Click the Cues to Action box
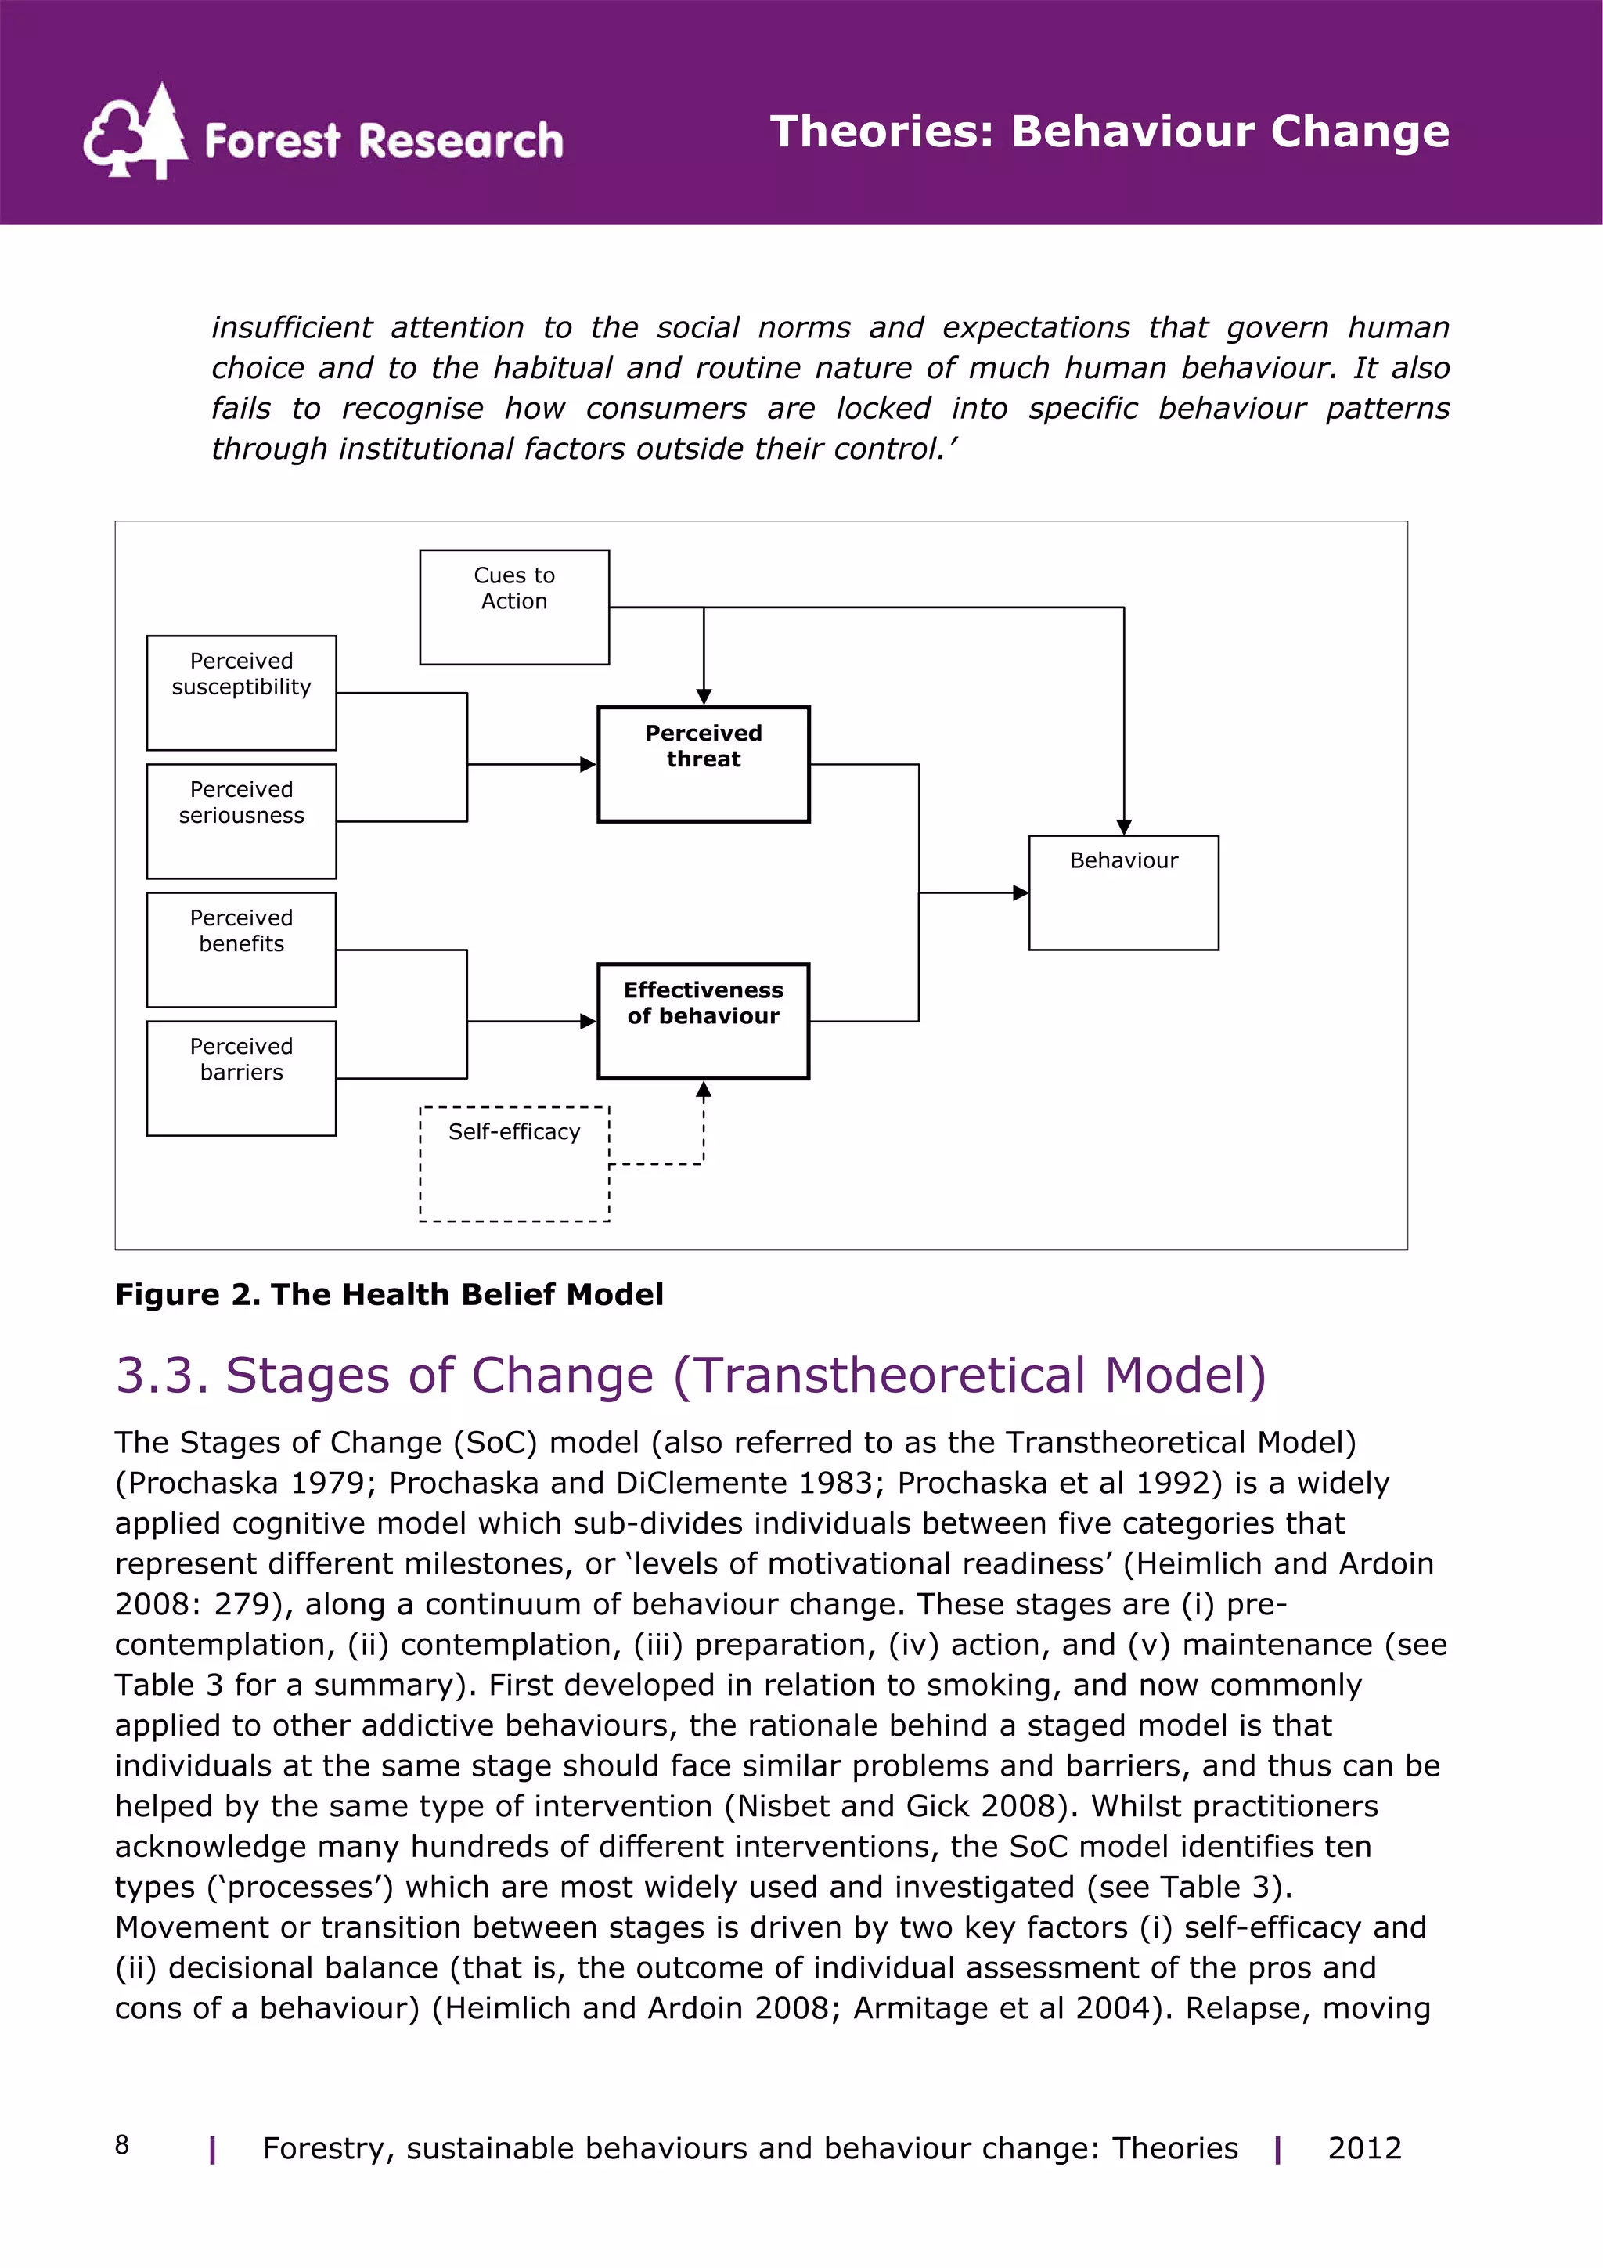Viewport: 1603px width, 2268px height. coord(513,607)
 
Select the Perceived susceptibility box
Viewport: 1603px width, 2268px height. coord(241,692)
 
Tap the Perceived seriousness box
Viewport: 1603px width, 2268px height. coord(241,821)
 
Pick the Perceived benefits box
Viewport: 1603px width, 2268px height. coord(241,950)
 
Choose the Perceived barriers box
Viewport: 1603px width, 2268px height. coord(241,1078)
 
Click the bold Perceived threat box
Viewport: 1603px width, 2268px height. coord(703,763)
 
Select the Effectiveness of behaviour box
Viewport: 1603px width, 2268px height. coord(703,1020)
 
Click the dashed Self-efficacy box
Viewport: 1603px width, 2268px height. coord(513,1163)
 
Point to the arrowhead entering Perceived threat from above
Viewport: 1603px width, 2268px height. coord(703,697)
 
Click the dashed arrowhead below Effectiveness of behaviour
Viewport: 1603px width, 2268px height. coord(703,1090)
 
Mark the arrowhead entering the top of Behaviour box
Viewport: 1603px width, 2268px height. coord(1123,827)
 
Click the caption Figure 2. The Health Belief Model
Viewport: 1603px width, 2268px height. coord(389,1294)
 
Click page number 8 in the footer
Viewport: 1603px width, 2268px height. coord(121,2144)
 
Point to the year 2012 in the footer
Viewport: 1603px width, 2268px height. coord(1364,2148)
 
